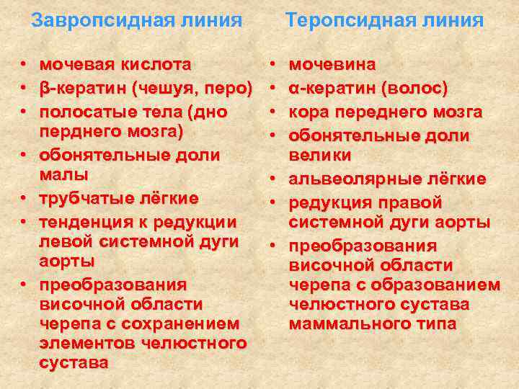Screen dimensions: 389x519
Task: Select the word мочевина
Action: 332,64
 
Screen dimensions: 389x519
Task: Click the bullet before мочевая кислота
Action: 24,66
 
